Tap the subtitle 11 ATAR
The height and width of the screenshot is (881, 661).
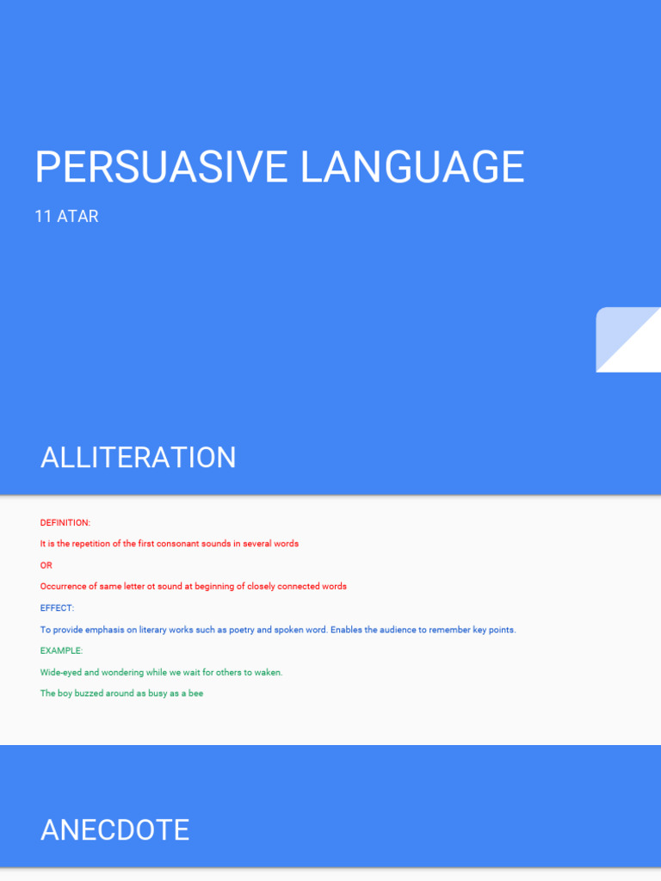tap(66, 217)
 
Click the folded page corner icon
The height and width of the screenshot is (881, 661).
tap(628, 340)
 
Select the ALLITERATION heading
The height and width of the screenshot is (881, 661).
tap(138, 458)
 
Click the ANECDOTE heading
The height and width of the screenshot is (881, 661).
tap(114, 830)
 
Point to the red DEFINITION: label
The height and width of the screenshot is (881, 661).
tap(65, 523)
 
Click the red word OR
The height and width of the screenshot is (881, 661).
tap(46, 565)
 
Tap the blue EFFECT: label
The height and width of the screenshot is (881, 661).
tap(57, 608)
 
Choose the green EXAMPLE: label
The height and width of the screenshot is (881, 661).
tap(61, 651)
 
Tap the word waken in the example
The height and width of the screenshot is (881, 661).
tap(267, 673)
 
